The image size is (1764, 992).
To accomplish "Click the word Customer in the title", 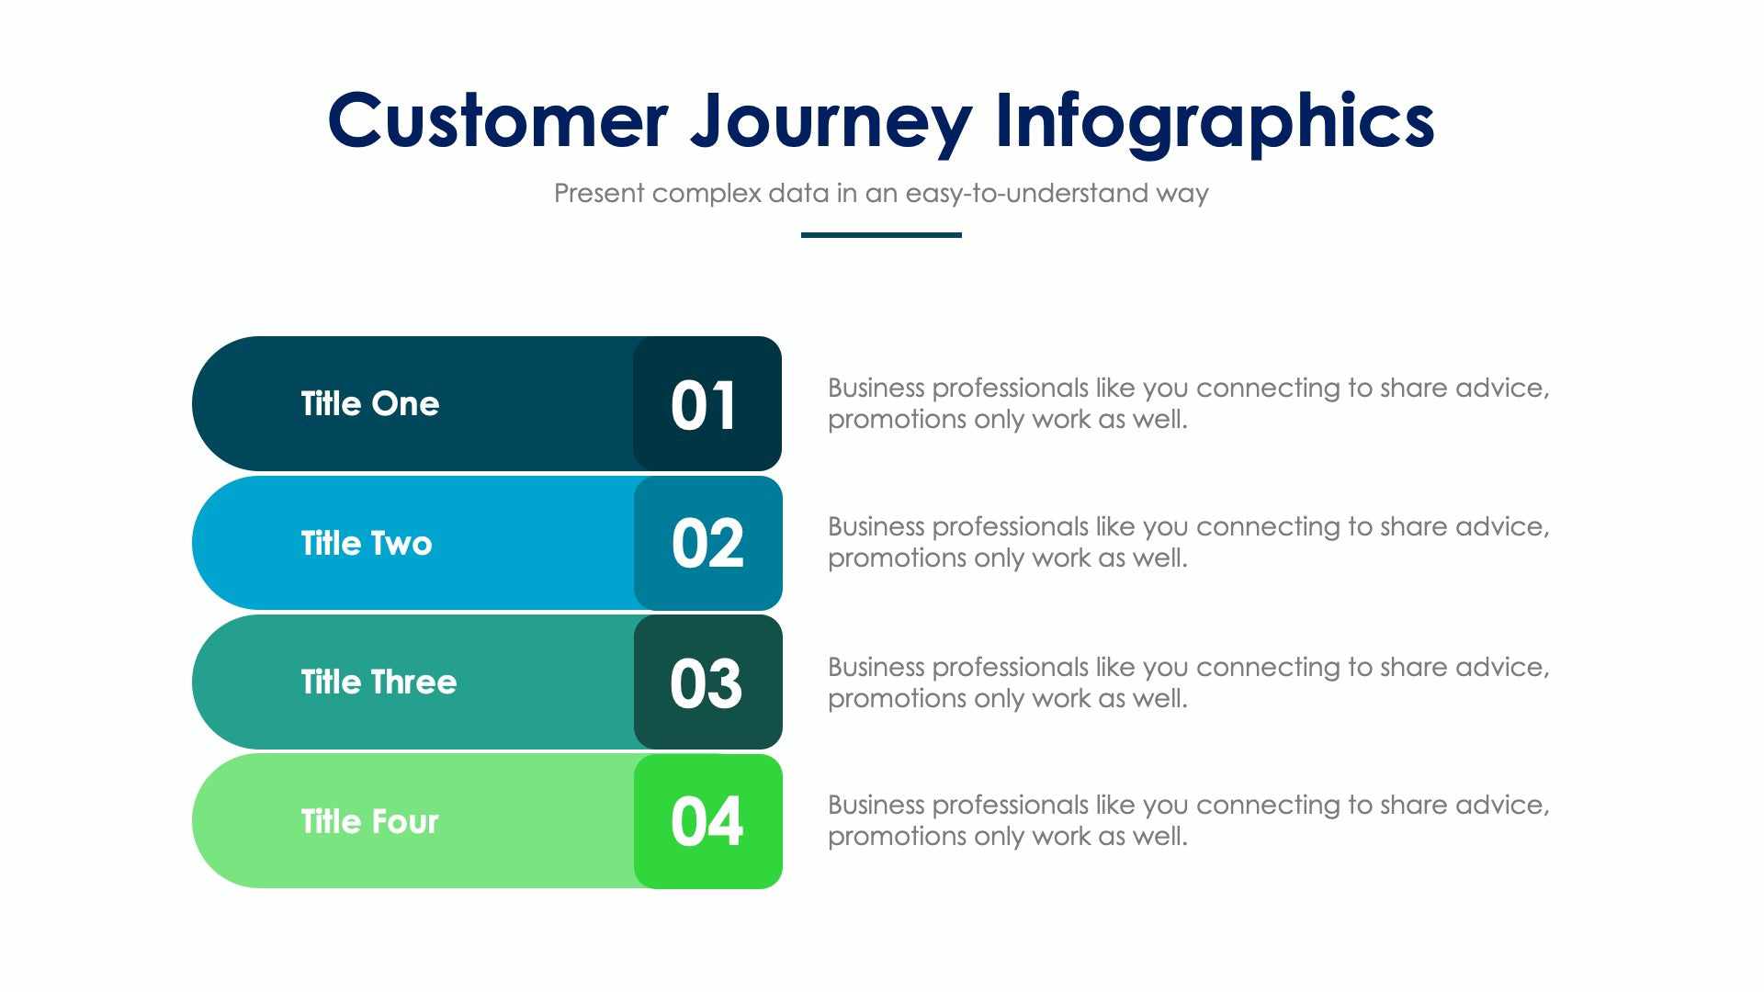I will click(x=497, y=121).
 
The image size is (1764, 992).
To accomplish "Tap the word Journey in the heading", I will click(x=831, y=121).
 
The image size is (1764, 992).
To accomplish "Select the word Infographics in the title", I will click(x=1214, y=121).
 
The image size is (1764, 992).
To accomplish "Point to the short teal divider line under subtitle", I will click(x=881, y=235).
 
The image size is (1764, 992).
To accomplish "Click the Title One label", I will click(x=369, y=404).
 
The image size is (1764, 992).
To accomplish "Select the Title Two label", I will click(x=366, y=544).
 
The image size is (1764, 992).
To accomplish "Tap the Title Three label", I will click(x=378, y=682).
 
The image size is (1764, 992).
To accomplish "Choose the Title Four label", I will click(x=369, y=821).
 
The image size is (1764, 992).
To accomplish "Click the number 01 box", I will click(x=706, y=405).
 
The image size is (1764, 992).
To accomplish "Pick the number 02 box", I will click(x=707, y=544).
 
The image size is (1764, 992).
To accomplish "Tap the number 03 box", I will click(x=707, y=683).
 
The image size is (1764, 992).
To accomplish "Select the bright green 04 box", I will click(x=707, y=822).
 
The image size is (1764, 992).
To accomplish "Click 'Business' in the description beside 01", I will click(x=876, y=389).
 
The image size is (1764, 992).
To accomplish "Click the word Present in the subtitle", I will click(x=599, y=194).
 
